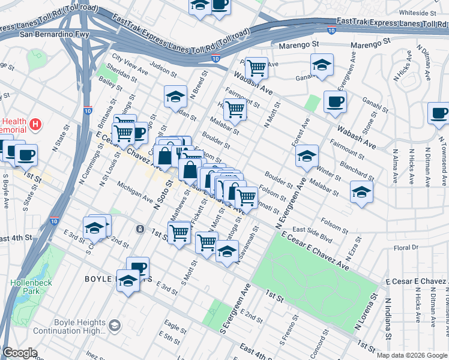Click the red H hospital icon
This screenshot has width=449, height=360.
point(36,125)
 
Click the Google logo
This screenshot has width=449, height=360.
point(20,353)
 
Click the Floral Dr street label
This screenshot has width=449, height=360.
point(406,247)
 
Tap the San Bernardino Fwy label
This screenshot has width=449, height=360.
point(55,34)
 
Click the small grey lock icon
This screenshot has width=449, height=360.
point(140,229)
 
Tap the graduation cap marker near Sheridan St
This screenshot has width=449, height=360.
point(175,96)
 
